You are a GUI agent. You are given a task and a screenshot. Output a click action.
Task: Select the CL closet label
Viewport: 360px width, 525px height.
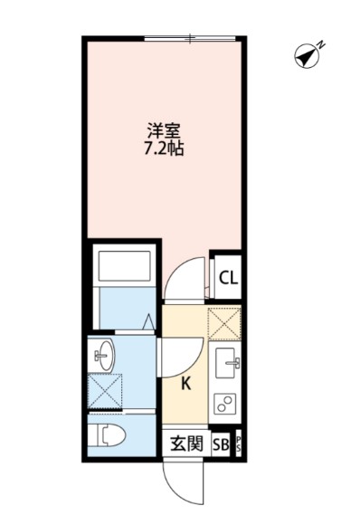click(x=229, y=279)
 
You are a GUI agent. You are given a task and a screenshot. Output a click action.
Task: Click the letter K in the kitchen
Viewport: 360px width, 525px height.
click(x=186, y=383)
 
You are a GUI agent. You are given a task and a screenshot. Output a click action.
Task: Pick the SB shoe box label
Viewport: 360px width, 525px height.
click(x=220, y=444)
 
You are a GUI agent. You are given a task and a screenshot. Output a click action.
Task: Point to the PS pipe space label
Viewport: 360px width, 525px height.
click(x=238, y=444)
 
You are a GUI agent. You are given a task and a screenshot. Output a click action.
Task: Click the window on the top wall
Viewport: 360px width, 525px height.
click(x=191, y=39)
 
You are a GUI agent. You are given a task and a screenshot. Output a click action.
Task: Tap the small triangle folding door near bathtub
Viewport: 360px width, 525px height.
click(x=148, y=320)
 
